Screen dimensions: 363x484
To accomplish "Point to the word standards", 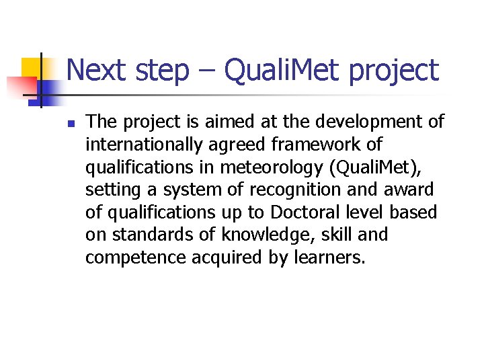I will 147,236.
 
